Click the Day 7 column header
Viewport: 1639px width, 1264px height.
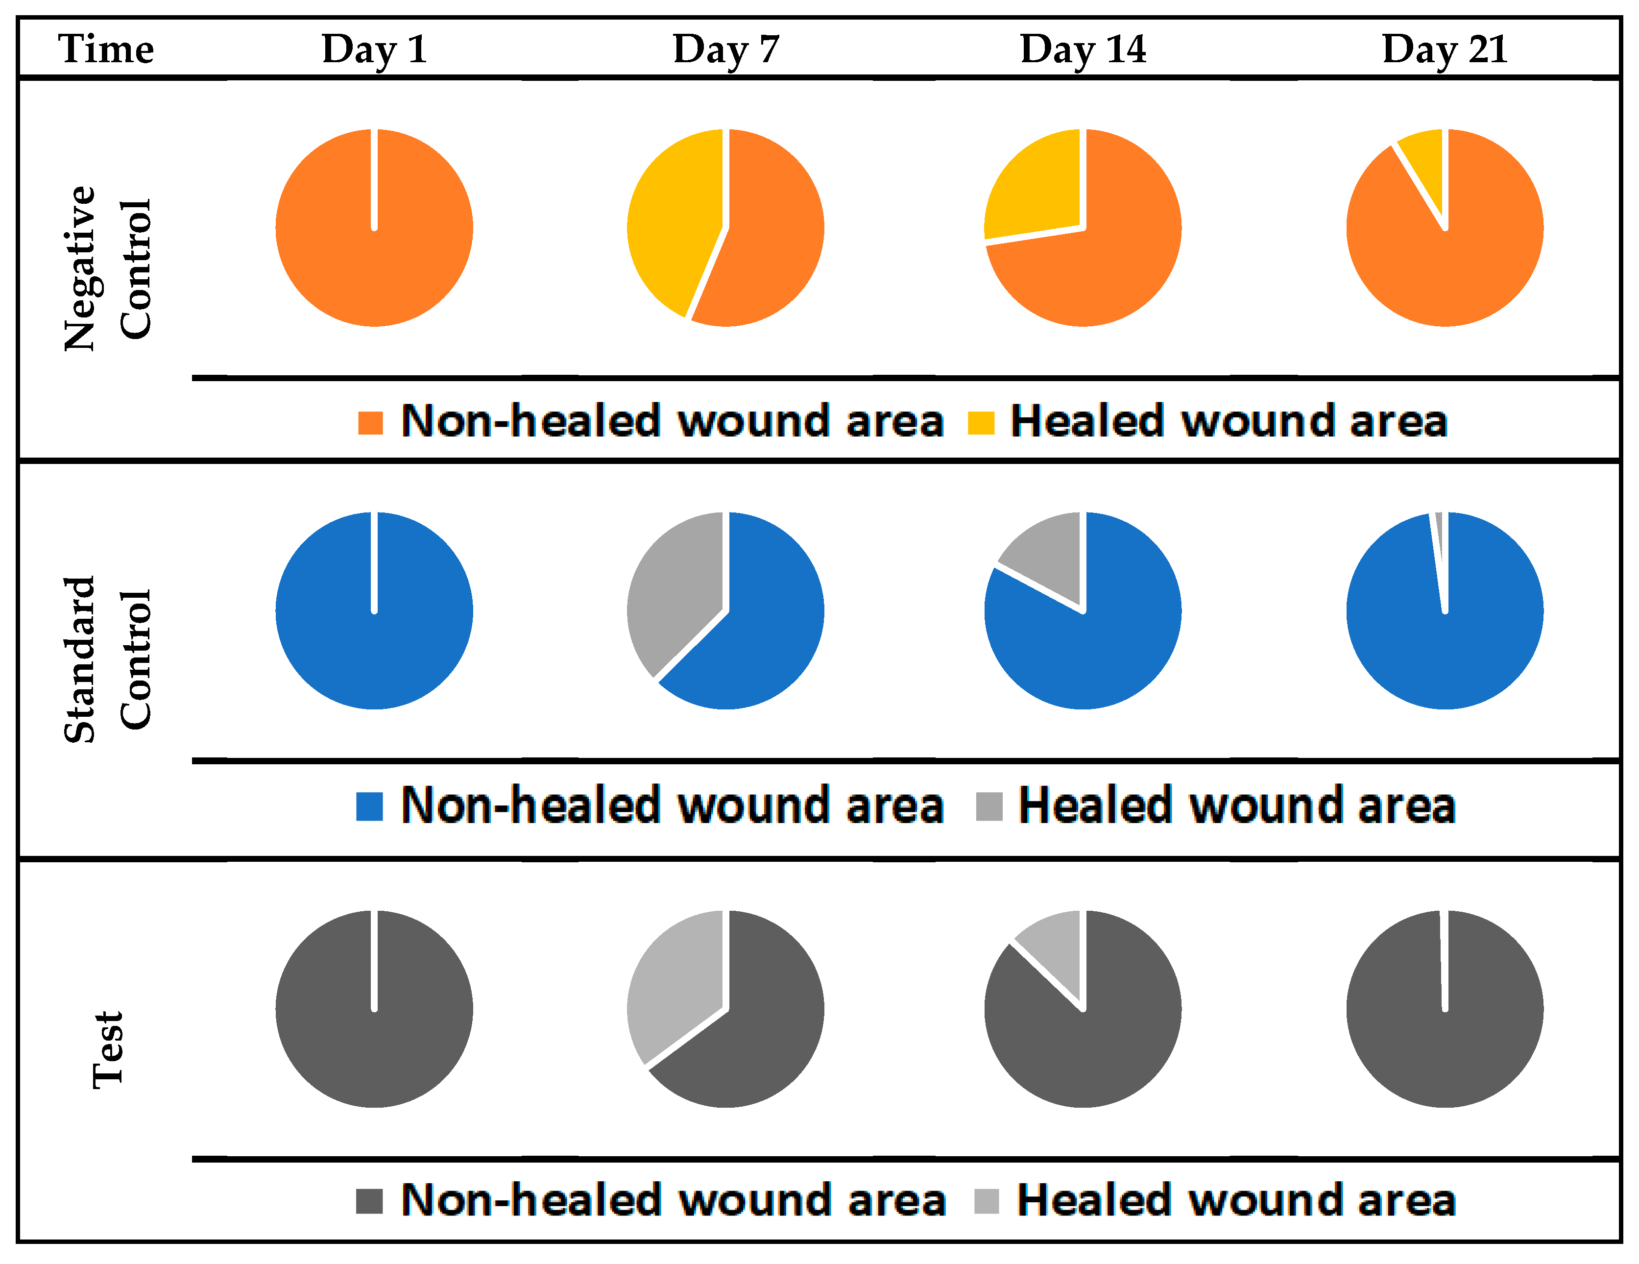coord(725,49)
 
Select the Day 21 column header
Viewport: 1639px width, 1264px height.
coord(1445,49)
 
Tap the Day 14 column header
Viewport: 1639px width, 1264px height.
coord(1083,49)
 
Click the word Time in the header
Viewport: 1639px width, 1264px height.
coord(106,49)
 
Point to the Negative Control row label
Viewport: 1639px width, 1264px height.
coord(107,268)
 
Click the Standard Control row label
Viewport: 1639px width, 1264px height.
coord(107,659)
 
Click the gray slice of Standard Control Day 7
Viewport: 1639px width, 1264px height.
coord(672,593)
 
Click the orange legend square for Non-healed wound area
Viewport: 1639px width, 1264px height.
coord(370,423)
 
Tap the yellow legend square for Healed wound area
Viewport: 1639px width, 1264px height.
coord(981,423)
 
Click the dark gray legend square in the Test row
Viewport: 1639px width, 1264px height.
coord(369,1201)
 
